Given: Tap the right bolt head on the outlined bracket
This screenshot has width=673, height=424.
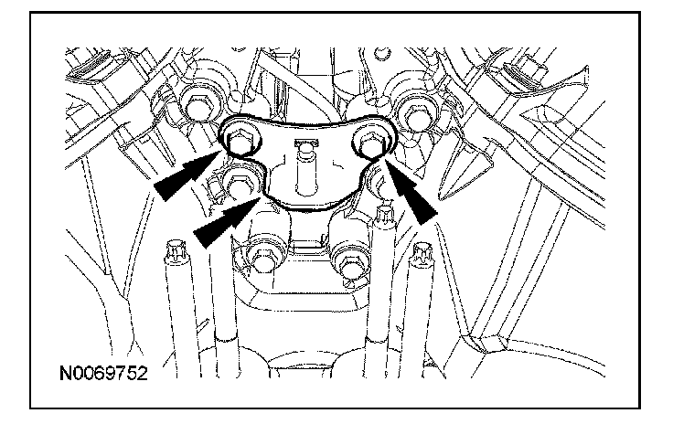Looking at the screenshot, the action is [x=370, y=141].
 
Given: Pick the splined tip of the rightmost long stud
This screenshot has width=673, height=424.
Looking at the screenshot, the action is [x=423, y=251].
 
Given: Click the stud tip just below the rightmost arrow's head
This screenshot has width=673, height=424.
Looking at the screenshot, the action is [x=382, y=218].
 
